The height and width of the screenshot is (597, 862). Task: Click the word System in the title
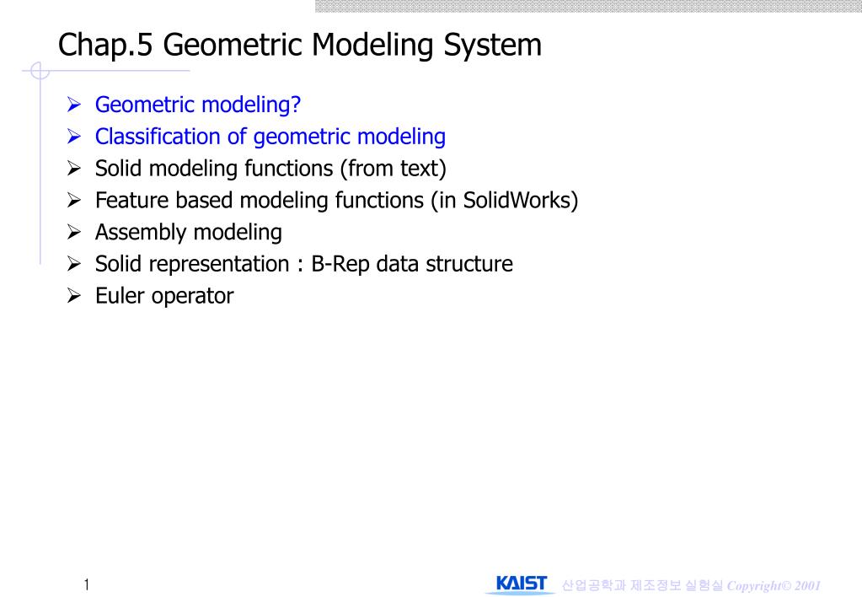point(493,46)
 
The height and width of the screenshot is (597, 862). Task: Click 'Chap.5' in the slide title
point(105,46)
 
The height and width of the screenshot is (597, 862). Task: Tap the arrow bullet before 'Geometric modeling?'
point(74,104)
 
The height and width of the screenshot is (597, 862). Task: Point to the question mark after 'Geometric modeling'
point(296,104)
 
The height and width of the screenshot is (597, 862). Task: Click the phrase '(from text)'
point(393,169)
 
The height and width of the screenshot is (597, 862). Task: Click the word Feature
point(131,201)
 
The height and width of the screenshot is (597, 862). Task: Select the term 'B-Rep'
point(340,265)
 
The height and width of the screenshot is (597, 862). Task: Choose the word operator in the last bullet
point(192,297)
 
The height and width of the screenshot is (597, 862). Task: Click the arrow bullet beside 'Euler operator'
point(74,296)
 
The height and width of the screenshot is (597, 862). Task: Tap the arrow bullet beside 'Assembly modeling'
point(74,232)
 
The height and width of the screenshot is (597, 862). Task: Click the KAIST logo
point(521,584)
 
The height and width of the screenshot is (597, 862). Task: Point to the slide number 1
point(86,584)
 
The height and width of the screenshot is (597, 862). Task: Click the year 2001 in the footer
point(807,585)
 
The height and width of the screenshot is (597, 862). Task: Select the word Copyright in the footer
point(754,586)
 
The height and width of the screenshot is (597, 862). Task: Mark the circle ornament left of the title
point(40,71)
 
